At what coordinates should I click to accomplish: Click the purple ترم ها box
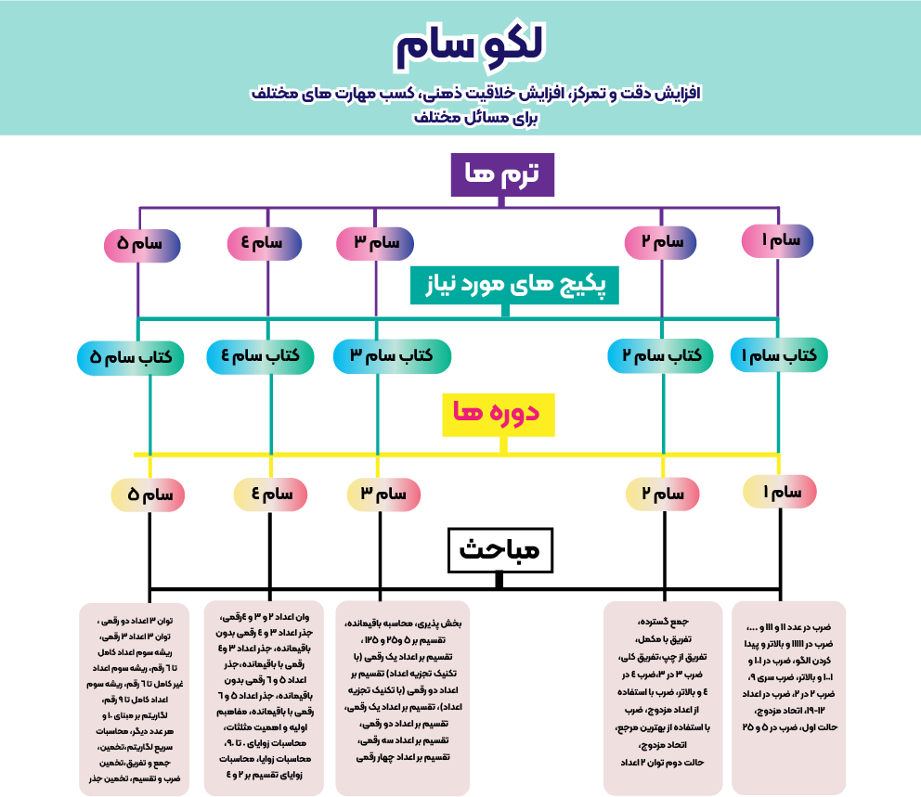(502, 174)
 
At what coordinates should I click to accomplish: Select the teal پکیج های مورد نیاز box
(514, 285)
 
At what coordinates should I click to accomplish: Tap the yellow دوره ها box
(498, 414)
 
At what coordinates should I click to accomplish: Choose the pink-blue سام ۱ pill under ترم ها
(778, 240)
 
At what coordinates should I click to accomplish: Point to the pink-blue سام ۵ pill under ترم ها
(142, 245)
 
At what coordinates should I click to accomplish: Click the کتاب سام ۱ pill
(778, 354)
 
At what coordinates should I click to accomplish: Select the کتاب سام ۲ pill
(660, 355)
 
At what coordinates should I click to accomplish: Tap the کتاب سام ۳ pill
(392, 355)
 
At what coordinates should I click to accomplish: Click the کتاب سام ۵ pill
(131, 357)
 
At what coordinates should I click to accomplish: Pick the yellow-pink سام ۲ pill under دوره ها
(663, 494)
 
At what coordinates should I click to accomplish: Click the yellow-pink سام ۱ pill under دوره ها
(779, 491)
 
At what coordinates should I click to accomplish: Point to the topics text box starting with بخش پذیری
(403, 698)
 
